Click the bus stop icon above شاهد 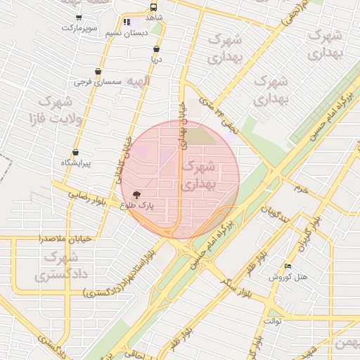pyautogui.click(x=154, y=7)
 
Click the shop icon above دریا pyautogui.click(x=156, y=49)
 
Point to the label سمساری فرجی pyautogui.click(x=98, y=83)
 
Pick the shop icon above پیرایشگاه pyautogui.click(x=75, y=153)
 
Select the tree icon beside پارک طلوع pyautogui.click(x=136, y=195)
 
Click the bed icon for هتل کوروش pyautogui.click(x=287, y=266)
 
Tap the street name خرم pyautogui.click(x=302, y=190)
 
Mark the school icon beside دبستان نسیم pyautogui.click(x=127, y=22)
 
